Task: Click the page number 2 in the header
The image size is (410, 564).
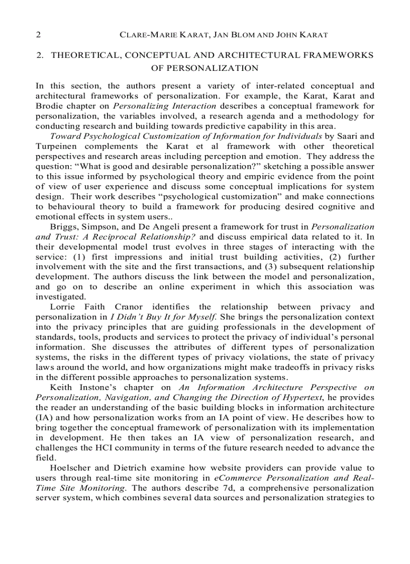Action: click(x=38, y=35)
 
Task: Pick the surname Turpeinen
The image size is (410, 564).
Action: click(x=55, y=146)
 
